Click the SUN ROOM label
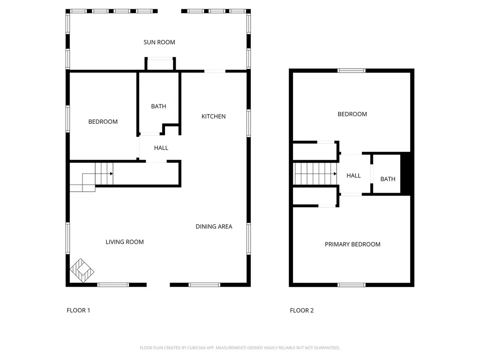(159, 42)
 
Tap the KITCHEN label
(213, 116)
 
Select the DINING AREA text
(214, 226)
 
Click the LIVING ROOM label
(124, 242)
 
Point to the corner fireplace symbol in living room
(82, 270)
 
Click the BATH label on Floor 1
(158, 106)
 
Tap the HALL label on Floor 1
(161, 148)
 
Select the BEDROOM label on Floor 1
(103, 121)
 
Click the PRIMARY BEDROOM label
(352, 244)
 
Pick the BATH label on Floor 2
(388, 179)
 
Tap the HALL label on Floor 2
(353, 175)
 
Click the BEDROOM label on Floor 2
(352, 114)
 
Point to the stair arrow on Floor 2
(335, 174)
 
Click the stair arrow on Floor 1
(112, 174)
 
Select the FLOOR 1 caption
(78, 310)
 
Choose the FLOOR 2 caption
(302, 310)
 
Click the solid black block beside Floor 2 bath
(407, 174)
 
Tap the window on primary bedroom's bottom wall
(352, 284)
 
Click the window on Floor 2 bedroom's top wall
(352, 71)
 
